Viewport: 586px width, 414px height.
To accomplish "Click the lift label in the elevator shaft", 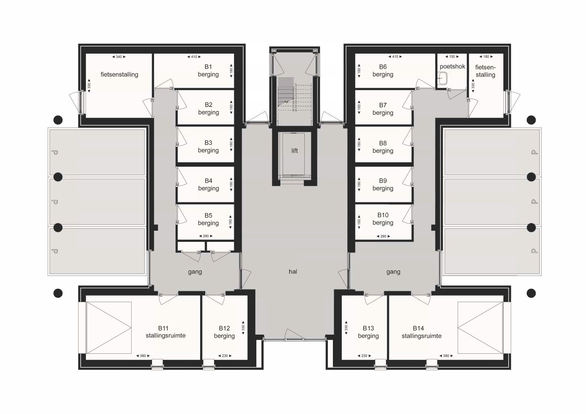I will point(294,151).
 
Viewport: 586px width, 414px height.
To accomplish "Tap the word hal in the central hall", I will point(293,272).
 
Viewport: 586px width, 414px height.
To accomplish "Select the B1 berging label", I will point(208,71).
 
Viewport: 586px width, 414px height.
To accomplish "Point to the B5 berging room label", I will point(208,219).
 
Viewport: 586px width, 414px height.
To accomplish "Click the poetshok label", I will point(452,66).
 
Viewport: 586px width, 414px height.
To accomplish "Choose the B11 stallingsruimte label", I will point(166,332).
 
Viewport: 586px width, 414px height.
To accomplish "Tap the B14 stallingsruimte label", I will point(421,332).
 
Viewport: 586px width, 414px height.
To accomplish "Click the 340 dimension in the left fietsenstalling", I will point(119,57).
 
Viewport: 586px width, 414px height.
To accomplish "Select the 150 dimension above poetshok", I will point(452,57).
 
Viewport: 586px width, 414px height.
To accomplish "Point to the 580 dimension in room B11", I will point(143,356).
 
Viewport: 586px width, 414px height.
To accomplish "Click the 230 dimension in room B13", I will point(364,356).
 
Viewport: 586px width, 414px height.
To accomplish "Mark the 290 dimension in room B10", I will point(383,236).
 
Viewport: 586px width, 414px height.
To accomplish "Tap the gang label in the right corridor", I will point(393,272).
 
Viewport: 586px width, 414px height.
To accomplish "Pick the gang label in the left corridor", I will point(195,272).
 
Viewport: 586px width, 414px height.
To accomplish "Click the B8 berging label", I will point(383,147).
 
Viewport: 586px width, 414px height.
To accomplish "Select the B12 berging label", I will point(224,332).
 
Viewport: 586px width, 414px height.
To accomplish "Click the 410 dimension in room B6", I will point(395,57).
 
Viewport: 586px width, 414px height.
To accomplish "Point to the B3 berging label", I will point(208,146).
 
